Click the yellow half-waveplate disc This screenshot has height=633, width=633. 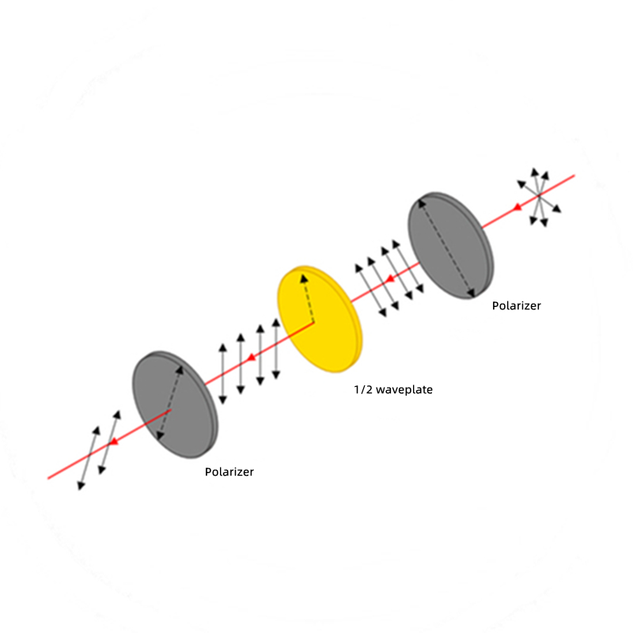320,319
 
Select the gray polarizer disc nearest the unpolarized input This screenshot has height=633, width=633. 451,245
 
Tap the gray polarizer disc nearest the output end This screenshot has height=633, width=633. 175,404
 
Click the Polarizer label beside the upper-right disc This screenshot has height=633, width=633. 517,306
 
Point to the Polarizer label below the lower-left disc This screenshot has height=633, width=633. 229,472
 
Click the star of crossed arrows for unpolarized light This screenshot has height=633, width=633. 540,196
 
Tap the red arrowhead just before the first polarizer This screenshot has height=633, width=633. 517,207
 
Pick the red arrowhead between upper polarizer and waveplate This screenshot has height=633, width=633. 389,279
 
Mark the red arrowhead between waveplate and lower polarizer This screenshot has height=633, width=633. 251,358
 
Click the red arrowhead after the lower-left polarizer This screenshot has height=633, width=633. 114,442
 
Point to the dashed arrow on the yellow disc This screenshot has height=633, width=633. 308,298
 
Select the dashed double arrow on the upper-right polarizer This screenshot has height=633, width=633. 446,248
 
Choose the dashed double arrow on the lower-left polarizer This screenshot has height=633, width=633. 170,403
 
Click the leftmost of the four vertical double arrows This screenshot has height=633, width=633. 222,373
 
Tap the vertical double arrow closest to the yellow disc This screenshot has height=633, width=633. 276,349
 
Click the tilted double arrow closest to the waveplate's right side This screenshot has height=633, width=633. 370,290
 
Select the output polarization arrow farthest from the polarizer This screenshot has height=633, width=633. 89,458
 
